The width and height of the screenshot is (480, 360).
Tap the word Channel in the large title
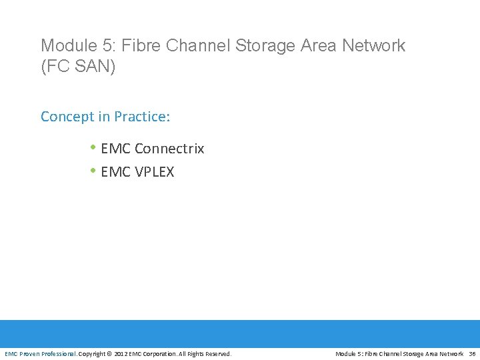(193, 46)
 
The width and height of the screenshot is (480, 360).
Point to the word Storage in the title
(261, 46)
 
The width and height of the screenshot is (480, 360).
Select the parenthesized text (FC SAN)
(78, 67)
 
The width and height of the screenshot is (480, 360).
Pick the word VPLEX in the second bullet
(154, 172)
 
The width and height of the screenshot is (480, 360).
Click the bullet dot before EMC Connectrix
(93, 148)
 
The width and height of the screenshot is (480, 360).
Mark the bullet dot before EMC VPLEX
(93, 171)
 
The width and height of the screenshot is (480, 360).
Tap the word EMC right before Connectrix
(116, 149)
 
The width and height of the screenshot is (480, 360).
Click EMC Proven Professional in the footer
(41, 354)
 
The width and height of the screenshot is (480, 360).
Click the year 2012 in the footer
(121, 354)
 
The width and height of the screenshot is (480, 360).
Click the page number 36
(472, 354)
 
